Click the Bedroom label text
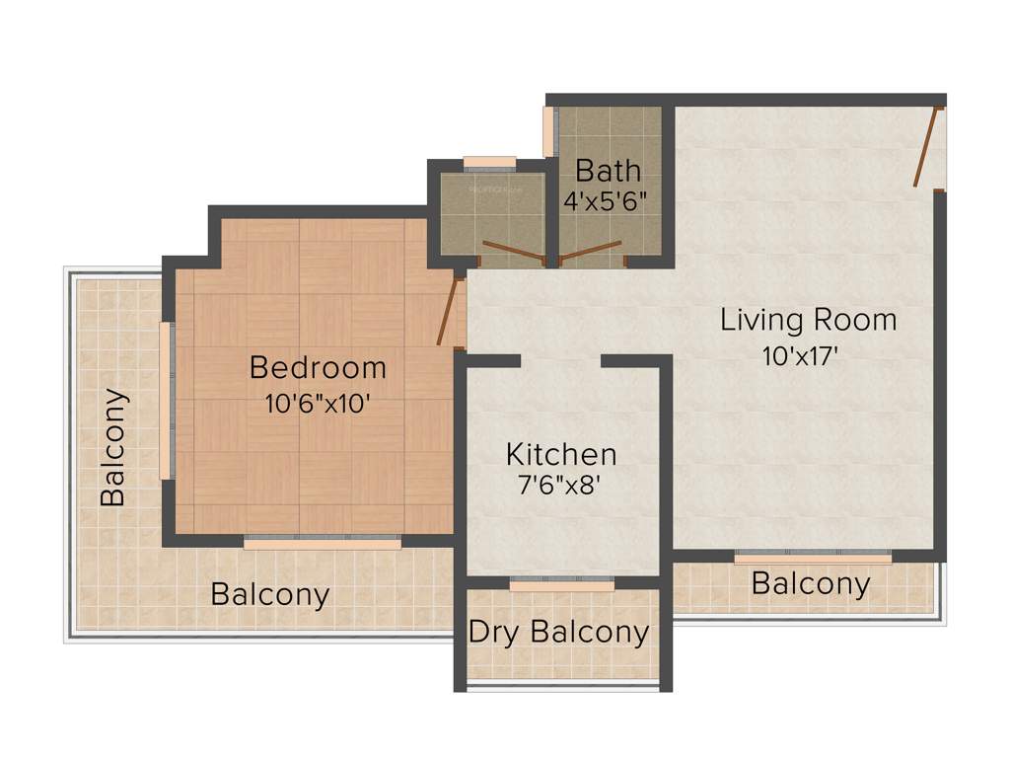pos(318,368)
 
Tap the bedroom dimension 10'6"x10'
pos(318,404)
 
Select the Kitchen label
pos(561,455)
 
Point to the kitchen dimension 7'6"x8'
pos(561,487)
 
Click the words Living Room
pos(809,320)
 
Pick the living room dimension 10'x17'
pos(800,355)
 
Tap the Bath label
pos(608,170)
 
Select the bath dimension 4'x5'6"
pos(605,201)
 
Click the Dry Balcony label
pos(559,632)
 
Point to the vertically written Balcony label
pos(114,447)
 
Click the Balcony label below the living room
pos(811,584)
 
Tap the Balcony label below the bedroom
pos(270,595)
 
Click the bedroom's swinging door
pos(449,312)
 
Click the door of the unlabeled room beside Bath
pos(513,251)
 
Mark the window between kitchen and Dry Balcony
pos(561,584)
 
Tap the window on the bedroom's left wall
pos(167,401)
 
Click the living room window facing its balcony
pos(813,557)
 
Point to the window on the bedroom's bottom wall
pos(323,542)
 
